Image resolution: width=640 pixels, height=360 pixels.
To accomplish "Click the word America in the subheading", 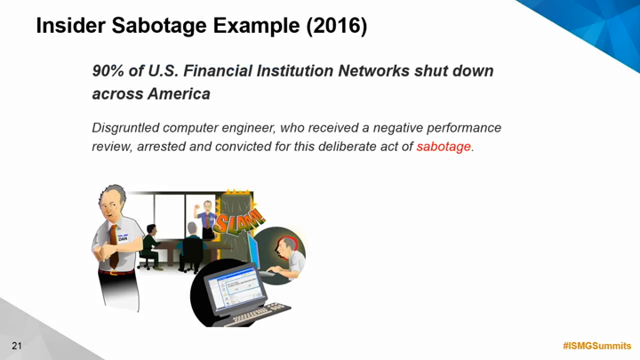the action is coord(179,94).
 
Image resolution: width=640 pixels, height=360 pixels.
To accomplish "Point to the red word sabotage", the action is coord(444,147).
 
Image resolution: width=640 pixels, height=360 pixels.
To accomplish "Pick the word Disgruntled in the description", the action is coord(125,128).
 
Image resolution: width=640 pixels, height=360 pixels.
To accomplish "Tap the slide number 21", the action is coord(17,346).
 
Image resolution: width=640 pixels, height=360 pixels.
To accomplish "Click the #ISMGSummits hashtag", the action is coord(596,346).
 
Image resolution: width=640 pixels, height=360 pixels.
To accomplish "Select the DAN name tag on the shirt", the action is coord(123,238).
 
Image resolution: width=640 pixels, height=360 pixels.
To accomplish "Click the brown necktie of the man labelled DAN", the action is coord(114,247).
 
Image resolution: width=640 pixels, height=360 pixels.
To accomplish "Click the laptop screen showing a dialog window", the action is coord(234,288).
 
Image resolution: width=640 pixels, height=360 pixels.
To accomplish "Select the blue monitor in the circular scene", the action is coord(254,250).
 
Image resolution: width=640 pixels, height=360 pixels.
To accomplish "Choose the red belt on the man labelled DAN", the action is coord(116,272).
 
